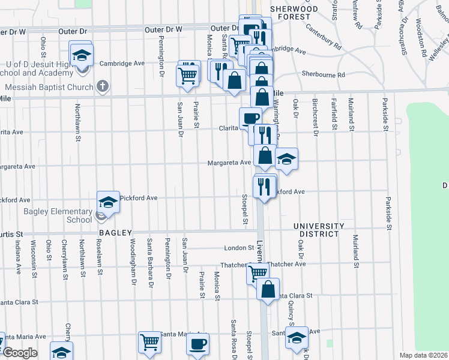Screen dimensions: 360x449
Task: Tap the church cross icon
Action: [x=103, y=86]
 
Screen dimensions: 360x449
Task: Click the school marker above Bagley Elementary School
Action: [x=108, y=202]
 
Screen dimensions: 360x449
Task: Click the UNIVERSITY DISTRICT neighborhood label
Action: [x=319, y=230]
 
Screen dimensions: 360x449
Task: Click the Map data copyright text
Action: [x=424, y=355]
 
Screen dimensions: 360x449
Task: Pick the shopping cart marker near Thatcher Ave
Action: [x=258, y=273]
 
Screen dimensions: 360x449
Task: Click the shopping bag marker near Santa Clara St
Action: [x=268, y=289]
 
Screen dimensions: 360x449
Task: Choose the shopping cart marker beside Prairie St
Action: [x=188, y=76]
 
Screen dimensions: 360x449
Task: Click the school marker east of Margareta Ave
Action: [x=287, y=159]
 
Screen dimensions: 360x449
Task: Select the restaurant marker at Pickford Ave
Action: [x=265, y=186]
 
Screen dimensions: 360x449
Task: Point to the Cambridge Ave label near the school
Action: [x=122, y=63]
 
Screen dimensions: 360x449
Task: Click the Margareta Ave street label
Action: [x=229, y=163]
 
